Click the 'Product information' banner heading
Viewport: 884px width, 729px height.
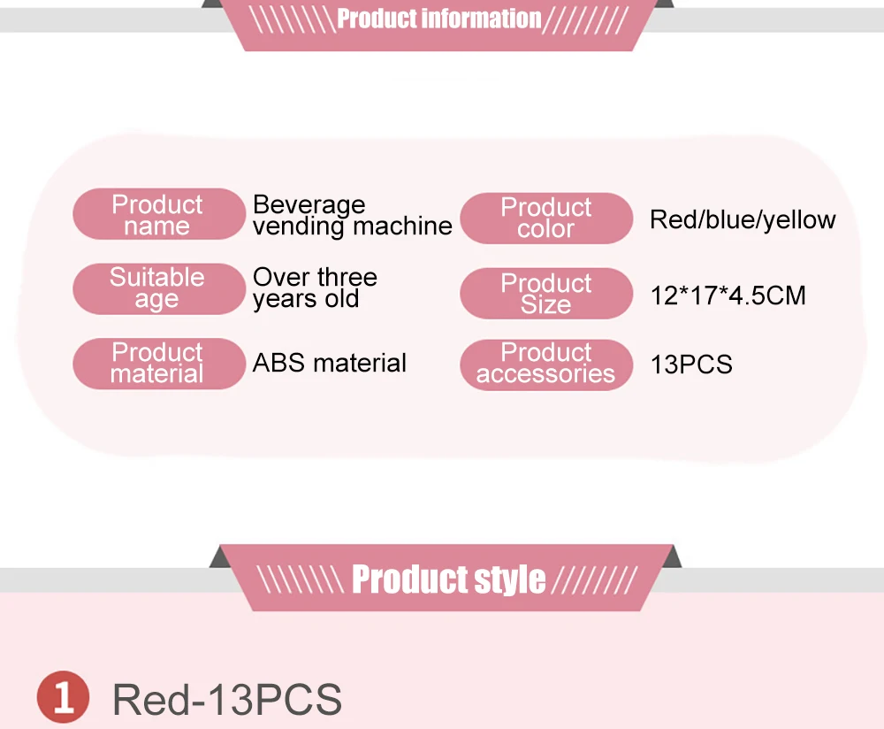[438, 19]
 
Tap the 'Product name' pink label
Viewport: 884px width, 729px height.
[159, 214]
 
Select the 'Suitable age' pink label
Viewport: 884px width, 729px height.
[159, 288]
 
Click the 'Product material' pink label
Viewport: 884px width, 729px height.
[159, 364]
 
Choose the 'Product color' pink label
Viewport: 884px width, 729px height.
[546, 218]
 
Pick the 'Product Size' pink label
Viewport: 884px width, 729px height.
[546, 294]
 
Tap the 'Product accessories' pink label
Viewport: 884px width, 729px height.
[546, 364]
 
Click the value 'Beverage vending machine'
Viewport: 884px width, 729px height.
[353, 215]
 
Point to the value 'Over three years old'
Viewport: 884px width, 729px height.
[316, 288]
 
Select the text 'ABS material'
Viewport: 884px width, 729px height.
[329, 363]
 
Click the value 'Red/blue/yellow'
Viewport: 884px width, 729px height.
[743, 220]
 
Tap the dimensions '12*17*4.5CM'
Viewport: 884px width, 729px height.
[728, 295]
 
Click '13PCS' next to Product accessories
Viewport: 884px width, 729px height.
[691, 364]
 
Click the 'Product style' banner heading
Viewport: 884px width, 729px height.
[449, 579]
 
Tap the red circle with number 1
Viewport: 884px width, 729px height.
[63, 697]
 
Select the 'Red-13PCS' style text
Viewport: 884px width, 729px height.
[227, 700]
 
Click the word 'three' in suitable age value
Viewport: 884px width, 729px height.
[347, 277]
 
